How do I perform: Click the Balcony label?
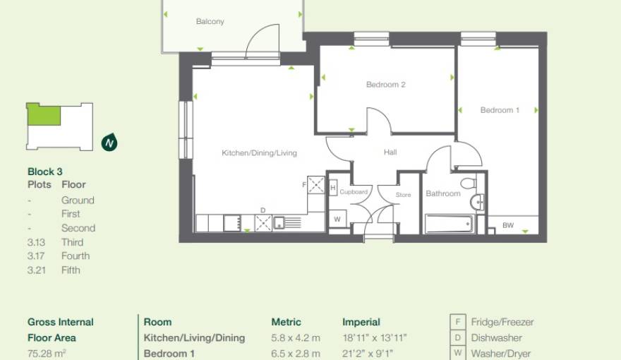[x=210, y=22]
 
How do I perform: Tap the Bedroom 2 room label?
[x=385, y=85]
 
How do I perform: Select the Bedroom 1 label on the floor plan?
[x=500, y=110]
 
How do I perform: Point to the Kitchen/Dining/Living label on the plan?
[x=259, y=153]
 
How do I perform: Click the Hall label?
[x=390, y=152]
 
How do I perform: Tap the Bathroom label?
[x=443, y=193]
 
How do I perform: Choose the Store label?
[x=403, y=196]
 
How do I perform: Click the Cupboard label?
[x=354, y=192]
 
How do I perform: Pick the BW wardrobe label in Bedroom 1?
[x=508, y=226]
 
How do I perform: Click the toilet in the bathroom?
[x=478, y=200]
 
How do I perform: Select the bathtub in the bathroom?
[x=449, y=224]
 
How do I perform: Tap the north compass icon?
[x=109, y=143]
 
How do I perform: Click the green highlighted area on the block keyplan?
[x=44, y=114]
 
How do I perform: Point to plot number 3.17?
[x=36, y=256]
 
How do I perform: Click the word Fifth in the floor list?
[x=71, y=270]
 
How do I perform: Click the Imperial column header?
[x=361, y=323]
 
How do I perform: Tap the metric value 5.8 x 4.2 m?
[x=296, y=338]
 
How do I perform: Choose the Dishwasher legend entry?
[x=497, y=338]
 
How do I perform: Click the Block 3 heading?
[x=45, y=172]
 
